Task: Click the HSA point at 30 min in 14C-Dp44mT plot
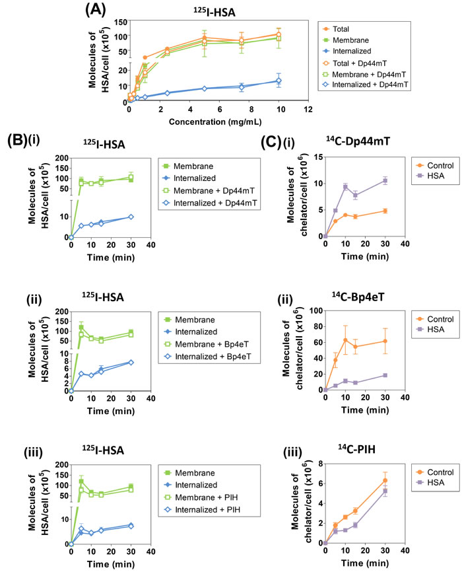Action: tap(405, 180)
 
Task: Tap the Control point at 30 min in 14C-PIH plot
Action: tap(405, 480)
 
